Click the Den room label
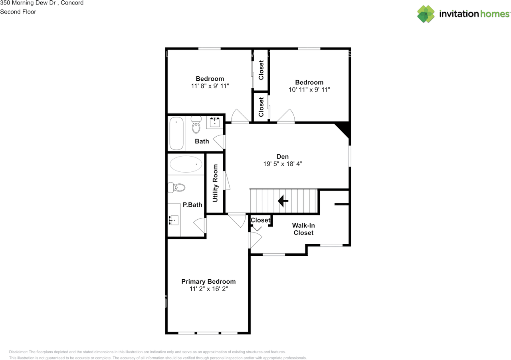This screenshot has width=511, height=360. pyautogui.click(x=282, y=157)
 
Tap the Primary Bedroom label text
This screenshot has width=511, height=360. pyautogui.click(x=208, y=282)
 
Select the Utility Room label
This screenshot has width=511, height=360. pyautogui.click(x=215, y=183)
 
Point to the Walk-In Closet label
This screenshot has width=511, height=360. pyautogui.click(x=303, y=229)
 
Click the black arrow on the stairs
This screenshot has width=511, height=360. pyautogui.click(x=283, y=201)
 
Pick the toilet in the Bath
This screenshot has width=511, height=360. pyautogui.click(x=196, y=124)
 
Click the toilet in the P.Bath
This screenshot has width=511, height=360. pyautogui.click(x=176, y=187)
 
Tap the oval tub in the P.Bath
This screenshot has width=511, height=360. pyautogui.click(x=186, y=164)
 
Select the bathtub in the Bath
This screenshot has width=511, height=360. pyautogui.click(x=176, y=133)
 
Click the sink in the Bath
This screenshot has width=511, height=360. pyautogui.click(x=215, y=122)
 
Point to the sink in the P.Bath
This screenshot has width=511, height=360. pyautogui.click(x=174, y=220)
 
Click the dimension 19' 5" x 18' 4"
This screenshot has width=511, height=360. pyautogui.click(x=283, y=164)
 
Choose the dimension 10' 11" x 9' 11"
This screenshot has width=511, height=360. pyautogui.click(x=309, y=90)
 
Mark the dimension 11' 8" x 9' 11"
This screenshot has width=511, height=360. pyautogui.click(x=210, y=86)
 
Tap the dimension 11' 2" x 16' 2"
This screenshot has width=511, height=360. pyautogui.click(x=208, y=289)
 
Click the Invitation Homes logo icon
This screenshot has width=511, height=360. pyautogui.click(x=426, y=14)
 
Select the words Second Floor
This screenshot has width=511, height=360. pyautogui.click(x=18, y=12)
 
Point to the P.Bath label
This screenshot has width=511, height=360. pyautogui.click(x=192, y=205)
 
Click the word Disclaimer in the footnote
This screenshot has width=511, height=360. pyautogui.click(x=18, y=352)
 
